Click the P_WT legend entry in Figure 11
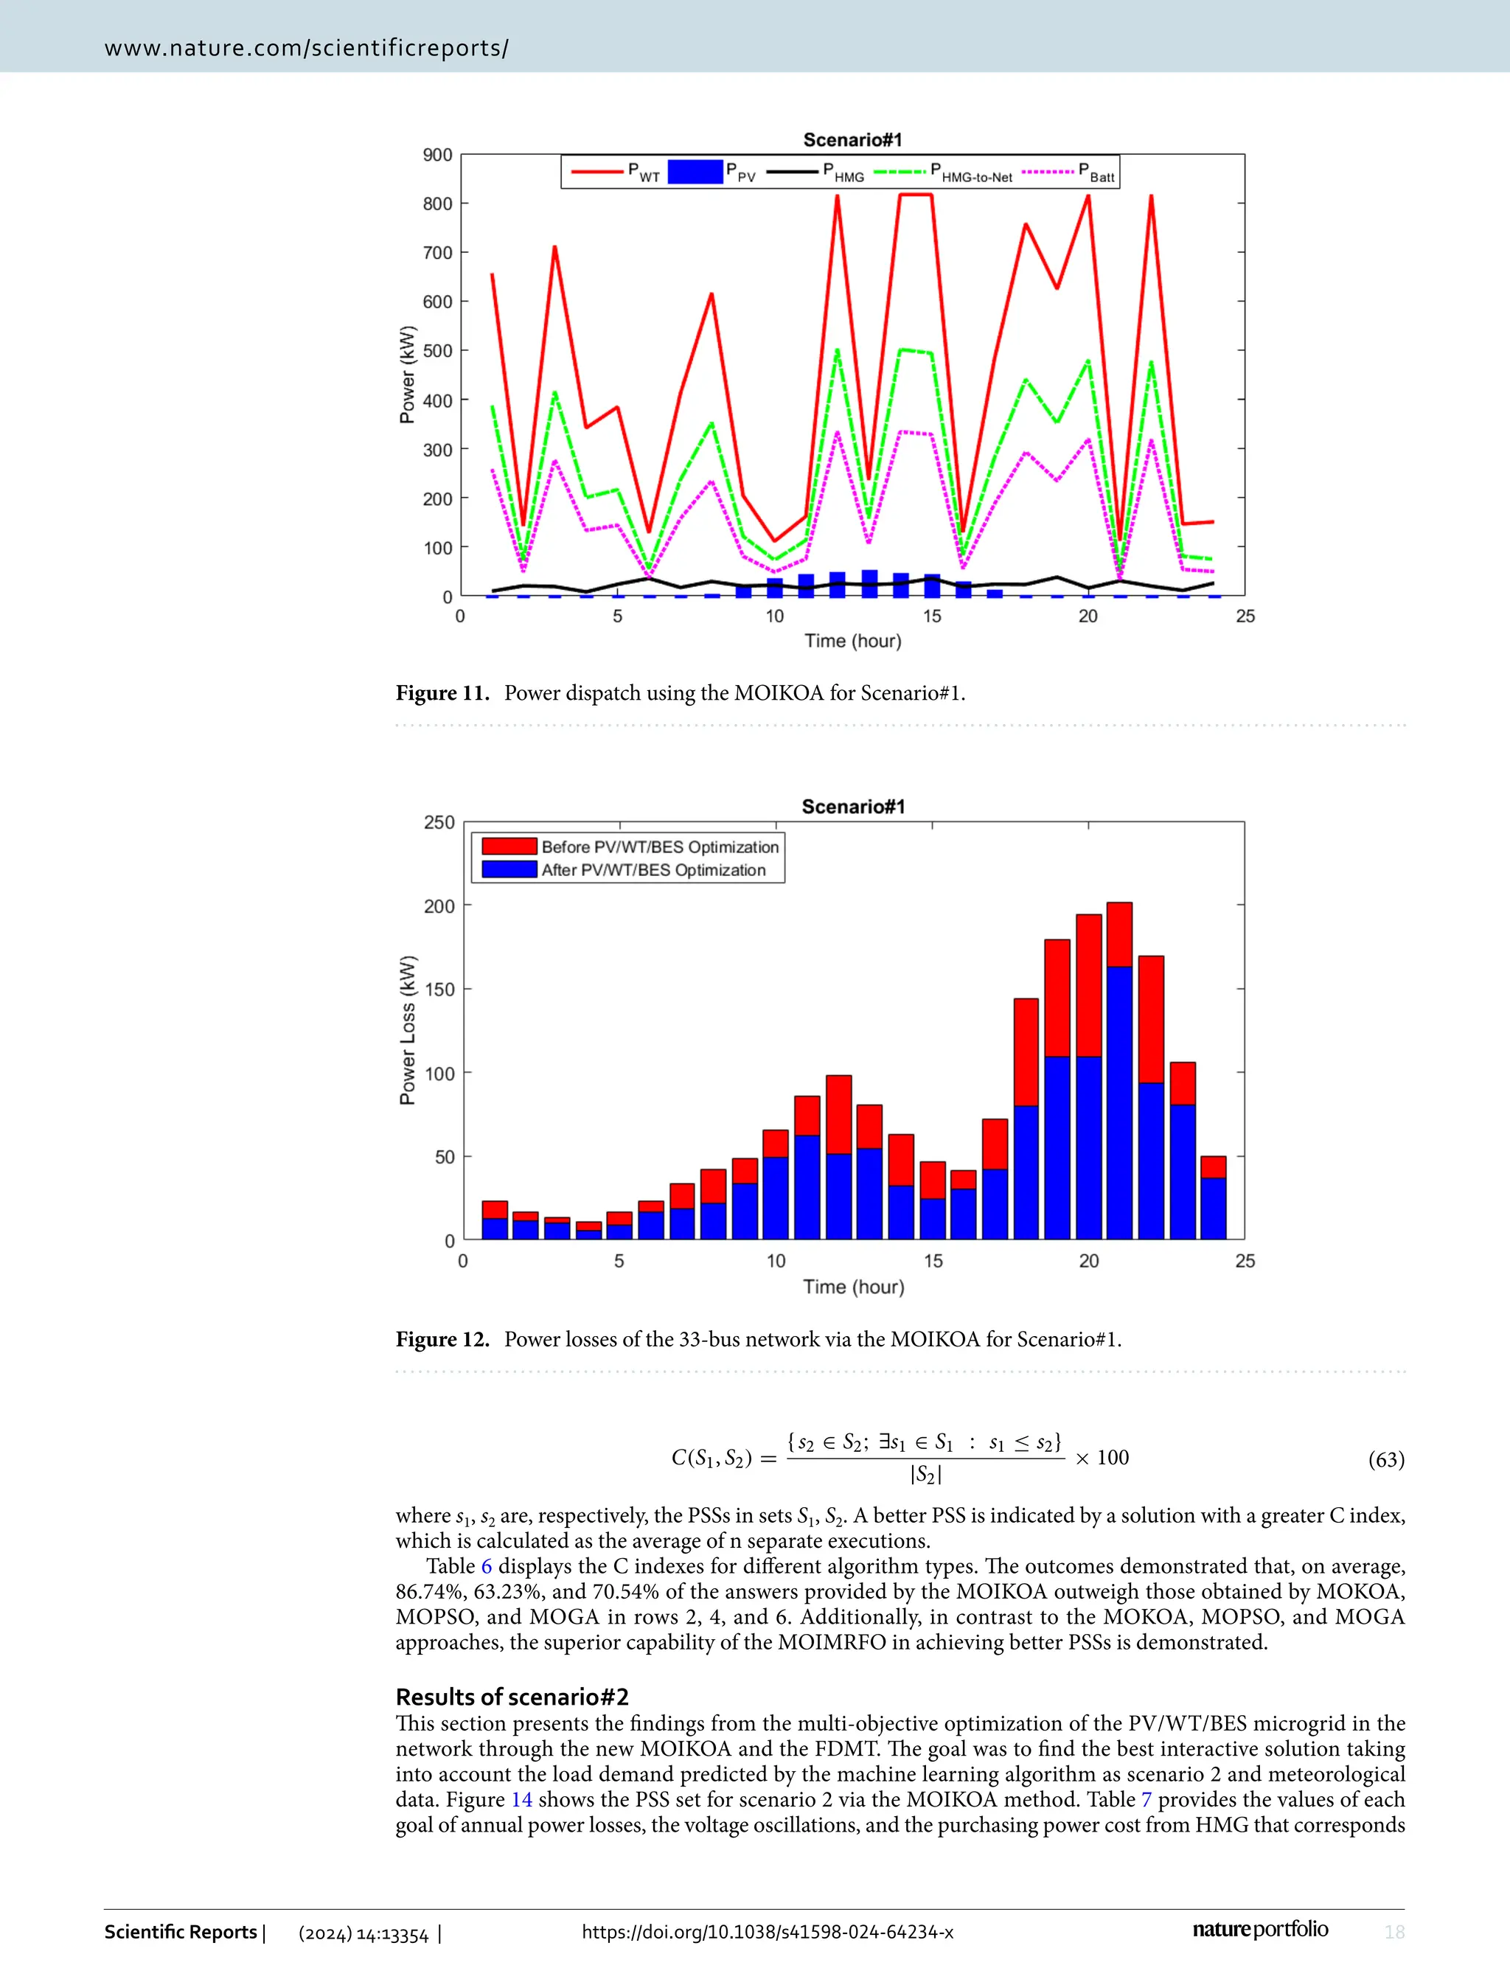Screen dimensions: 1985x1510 616,171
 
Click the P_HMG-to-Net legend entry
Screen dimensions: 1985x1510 944,171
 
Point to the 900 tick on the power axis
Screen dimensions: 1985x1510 438,155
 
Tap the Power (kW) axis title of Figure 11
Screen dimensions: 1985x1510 407,375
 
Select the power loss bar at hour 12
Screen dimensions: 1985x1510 838,1157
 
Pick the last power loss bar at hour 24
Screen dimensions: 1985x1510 1214,1197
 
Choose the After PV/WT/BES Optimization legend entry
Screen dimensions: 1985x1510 624,870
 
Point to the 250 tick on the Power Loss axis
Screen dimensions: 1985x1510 439,823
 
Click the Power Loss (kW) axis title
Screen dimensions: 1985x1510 407,1030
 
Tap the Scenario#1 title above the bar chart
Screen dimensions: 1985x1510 853,807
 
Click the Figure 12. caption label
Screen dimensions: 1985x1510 442,1340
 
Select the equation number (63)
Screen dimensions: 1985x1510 1385,1459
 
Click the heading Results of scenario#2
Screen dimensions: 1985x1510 512,1697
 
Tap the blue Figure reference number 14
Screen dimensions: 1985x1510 521,1800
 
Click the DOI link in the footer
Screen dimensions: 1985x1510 768,1932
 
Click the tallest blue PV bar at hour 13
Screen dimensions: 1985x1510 869,583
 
